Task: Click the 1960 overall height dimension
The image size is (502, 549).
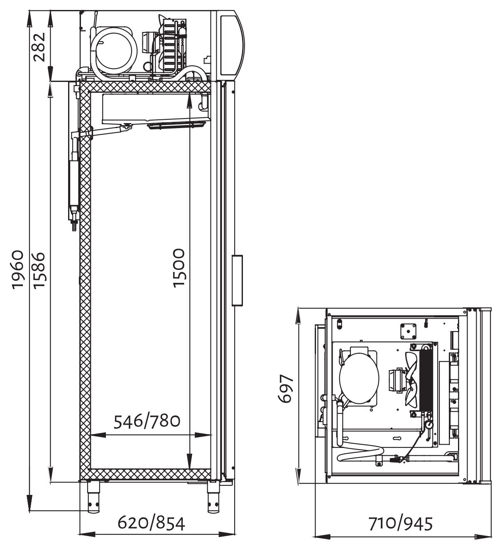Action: pos(18,270)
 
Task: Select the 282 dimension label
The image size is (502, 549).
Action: pos(39,47)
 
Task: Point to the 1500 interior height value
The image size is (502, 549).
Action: pos(179,268)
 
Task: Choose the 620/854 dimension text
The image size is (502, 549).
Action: pos(152,523)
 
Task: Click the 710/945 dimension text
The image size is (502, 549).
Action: pos(401,524)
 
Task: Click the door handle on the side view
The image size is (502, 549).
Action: pos(237,280)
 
